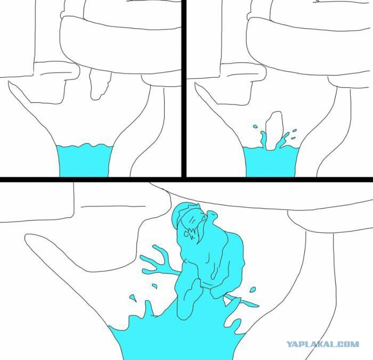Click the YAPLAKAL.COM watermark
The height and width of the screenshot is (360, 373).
coord(322,344)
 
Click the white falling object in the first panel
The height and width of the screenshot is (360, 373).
coord(100,84)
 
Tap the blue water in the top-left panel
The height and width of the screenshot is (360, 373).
coord(84,160)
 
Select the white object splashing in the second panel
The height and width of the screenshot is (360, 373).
coord(274,130)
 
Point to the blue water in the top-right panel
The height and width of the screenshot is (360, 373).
coord(271,162)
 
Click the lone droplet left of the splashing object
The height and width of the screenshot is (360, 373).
coord(255,126)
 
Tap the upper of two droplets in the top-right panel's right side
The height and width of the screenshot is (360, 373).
coord(295,130)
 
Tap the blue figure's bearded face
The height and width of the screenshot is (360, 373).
coord(194,226)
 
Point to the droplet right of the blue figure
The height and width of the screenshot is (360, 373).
coord(253,290)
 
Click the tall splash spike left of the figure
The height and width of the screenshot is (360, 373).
coord(148,309)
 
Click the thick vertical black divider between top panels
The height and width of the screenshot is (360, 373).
coord(184,88)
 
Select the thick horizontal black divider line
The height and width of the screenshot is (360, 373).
coord(186,179)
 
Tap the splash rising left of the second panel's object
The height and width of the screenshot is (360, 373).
coord(263,140)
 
